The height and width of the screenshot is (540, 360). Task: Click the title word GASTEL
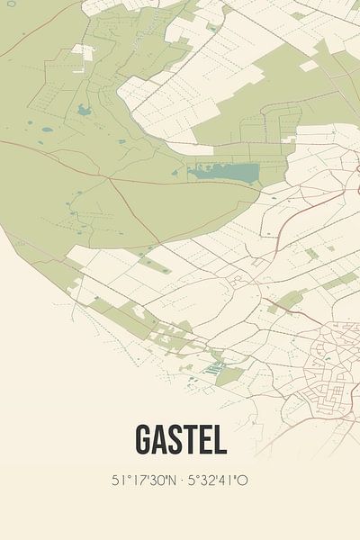coord(180,439)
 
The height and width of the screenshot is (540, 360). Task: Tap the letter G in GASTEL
coord(144,439)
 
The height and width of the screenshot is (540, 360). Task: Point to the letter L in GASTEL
coord(219,439)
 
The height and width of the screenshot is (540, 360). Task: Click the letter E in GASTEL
coord(205,439)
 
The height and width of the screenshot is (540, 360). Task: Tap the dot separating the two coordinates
coord(180,480)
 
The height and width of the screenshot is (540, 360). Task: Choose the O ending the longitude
coord(243,480)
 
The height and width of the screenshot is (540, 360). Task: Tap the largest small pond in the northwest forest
coord(84,111)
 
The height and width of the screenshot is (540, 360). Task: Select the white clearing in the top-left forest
coord(83,51)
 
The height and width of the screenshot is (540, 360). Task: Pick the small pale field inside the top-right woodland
coord(309,66)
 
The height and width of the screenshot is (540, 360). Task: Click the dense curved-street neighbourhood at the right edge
coord(333,360)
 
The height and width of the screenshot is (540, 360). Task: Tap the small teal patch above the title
coord(214,367)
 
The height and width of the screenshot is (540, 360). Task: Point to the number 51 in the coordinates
coord(117,480)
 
